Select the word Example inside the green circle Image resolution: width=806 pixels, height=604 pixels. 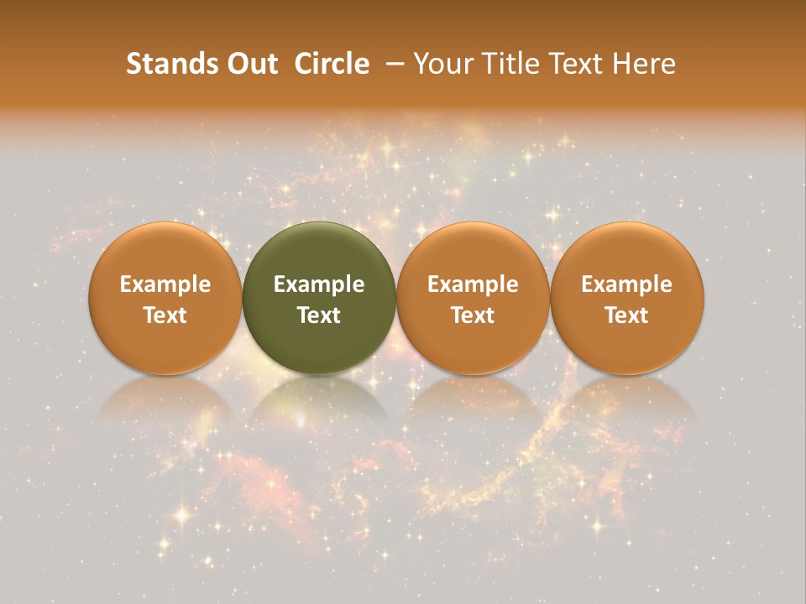click(x=319, y=284)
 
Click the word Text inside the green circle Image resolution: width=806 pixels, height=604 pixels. click(x=319, y=315)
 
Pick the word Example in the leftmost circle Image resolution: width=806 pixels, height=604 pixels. click(x=165, y=284)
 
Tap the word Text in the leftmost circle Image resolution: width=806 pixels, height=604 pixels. click(x=165, y=315)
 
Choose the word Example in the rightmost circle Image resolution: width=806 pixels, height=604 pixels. click(x=627, y=284)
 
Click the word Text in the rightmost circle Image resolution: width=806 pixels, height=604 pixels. click(x=627, y=315)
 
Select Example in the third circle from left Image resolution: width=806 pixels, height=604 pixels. click(x=473, y=284)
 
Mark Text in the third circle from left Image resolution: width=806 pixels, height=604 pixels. click(x=473, y=315)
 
